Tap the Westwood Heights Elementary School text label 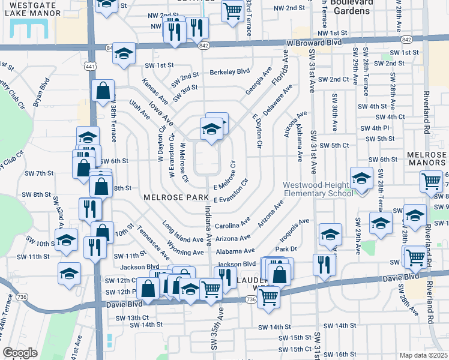click(x=318, y=189)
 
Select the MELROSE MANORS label click(x=427, y=158)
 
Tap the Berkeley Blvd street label click(x=229, y=71)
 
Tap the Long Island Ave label click(x=183, y=232)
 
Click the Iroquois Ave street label click(x=294, y=230)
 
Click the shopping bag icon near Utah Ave click(x=104, y=91)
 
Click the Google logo click(x=20, y=353)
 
